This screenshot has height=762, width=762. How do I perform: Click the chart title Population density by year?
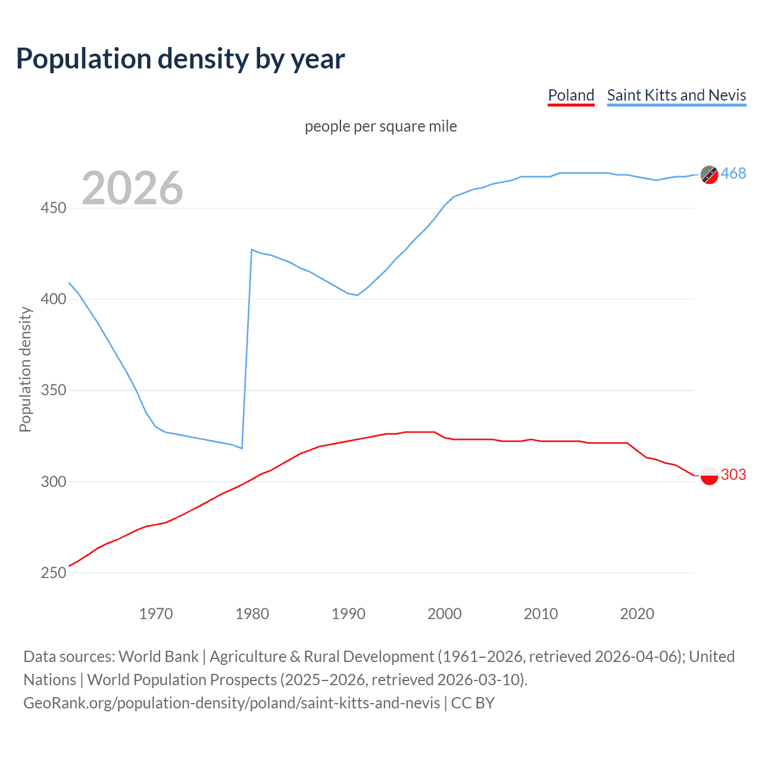(180, 59)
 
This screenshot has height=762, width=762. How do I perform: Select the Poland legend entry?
(571, 95)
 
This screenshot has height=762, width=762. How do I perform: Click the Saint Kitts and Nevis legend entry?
(676, 95)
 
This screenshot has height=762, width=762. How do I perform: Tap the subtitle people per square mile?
(380, 126)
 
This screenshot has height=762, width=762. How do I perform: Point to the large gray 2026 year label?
(132, 188)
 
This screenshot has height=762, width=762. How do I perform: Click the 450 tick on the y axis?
(53, 208)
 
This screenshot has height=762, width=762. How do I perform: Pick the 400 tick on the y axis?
(53, 299)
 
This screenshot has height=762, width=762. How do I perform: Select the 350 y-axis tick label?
(53, 391)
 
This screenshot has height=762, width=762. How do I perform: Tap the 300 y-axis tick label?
(53, 482)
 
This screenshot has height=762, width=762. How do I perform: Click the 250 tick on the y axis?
(53, 573)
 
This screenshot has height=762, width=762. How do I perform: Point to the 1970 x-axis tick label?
(156, 614)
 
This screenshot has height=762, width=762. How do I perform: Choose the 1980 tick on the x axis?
(252, 614)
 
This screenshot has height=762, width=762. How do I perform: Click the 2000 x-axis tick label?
(445, 614)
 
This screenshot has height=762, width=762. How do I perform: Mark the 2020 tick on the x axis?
(637, 614)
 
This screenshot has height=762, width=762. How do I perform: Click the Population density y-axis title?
(25, 369)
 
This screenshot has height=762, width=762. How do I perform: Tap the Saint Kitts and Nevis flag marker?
(709, 174)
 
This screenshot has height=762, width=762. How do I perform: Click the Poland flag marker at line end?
(709, 476)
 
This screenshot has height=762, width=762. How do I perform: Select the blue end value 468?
(733, 173)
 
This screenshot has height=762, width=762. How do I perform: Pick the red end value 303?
(733, 474)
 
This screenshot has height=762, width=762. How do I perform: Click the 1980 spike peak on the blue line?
(252, 249)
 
